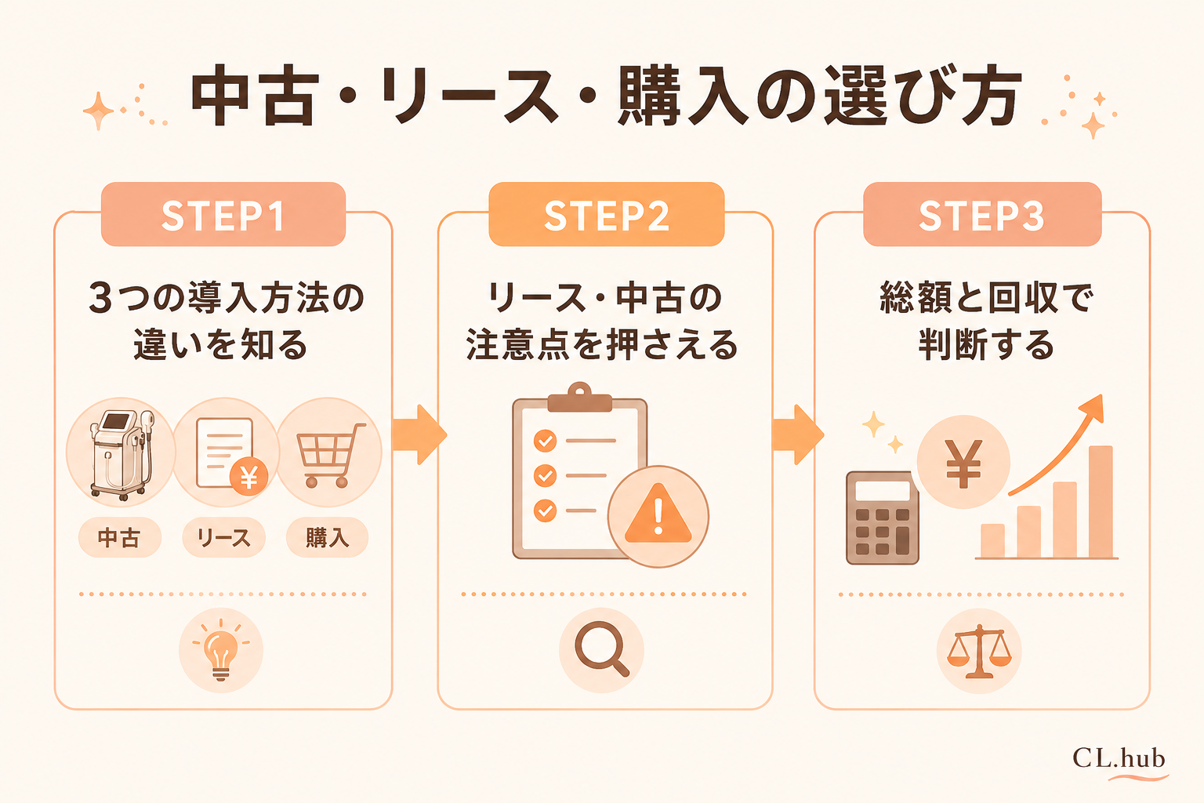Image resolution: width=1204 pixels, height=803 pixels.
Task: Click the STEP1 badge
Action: pyautogui.click(x=223, y=214)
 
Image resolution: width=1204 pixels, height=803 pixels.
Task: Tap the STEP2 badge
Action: pyautogui.click(x=606, y=214)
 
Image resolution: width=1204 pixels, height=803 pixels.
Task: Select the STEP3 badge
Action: pyautogui.click(x=982, y=214)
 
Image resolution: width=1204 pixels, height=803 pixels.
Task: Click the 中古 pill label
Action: pyautogui.click(x=120, y=537)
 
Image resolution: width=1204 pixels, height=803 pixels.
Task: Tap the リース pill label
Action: pyautogui.click(x=223, y=537)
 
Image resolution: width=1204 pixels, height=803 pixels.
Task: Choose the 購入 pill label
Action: pyautogui.click(x=328, y=537)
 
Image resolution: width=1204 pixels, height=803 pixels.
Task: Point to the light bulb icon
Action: pyautogui.click(x=221, y=650)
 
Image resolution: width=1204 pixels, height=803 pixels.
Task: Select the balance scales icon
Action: pyautogui.click(x=979, y=652)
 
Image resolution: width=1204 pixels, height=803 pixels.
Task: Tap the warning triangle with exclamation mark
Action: pyautogui.click(x=658, y=514)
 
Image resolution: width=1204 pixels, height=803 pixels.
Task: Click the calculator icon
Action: pyautogui.click(x=883, y=518)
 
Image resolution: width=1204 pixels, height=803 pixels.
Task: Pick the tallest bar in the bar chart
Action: pyautogui.click(x=1101, y=502)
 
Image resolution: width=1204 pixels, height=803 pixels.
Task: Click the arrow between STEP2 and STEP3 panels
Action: pyautogui.click(x=798, y=434)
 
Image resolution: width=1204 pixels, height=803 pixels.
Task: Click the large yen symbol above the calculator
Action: pyautogui.click(x=963, y=463)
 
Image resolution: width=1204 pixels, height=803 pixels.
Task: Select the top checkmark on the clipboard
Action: pyautogui.click(x=545, y=441)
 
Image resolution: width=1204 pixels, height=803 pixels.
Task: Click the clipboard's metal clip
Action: pyautogui.click(x=579, y=398)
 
